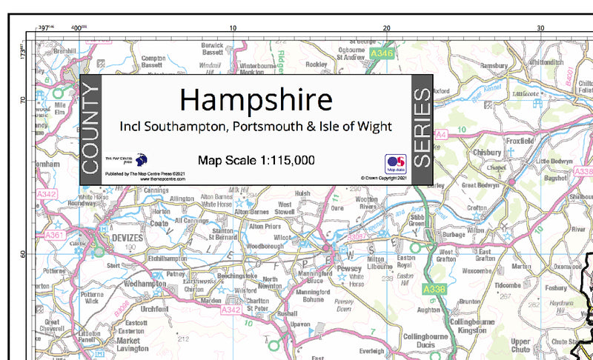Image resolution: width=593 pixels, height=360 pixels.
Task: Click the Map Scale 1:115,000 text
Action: (x=256, y=159)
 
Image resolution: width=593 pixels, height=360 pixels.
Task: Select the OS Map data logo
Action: (x=395, y=164)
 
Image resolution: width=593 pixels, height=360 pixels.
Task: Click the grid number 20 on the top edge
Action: (x=387, y=27)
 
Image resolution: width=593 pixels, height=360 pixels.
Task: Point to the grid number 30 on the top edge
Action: (x=540, y=27)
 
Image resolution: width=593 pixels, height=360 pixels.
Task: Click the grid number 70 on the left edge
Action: (x=23, y=99)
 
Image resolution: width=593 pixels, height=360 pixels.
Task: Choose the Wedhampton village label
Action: (x=145, y=284)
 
